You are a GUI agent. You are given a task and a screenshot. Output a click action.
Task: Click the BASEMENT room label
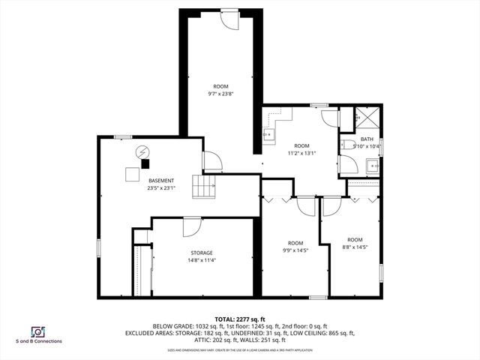161,181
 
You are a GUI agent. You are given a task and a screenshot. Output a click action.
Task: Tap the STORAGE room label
201,253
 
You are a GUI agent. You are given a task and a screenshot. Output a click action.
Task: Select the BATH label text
366,139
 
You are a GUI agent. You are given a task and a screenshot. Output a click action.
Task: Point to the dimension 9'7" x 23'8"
220,94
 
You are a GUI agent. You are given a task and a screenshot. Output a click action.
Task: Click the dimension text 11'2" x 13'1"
301,153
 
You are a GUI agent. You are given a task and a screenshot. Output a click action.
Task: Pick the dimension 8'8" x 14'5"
354,247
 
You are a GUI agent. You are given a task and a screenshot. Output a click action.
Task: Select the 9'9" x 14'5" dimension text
296,250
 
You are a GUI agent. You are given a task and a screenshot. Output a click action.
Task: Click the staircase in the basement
205,186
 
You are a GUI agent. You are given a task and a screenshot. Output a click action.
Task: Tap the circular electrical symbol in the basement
142,153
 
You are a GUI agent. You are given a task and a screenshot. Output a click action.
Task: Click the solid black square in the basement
145,163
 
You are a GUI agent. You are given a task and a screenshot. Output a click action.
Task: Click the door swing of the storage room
191,225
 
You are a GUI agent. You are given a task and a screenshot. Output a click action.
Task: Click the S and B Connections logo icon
36,331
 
